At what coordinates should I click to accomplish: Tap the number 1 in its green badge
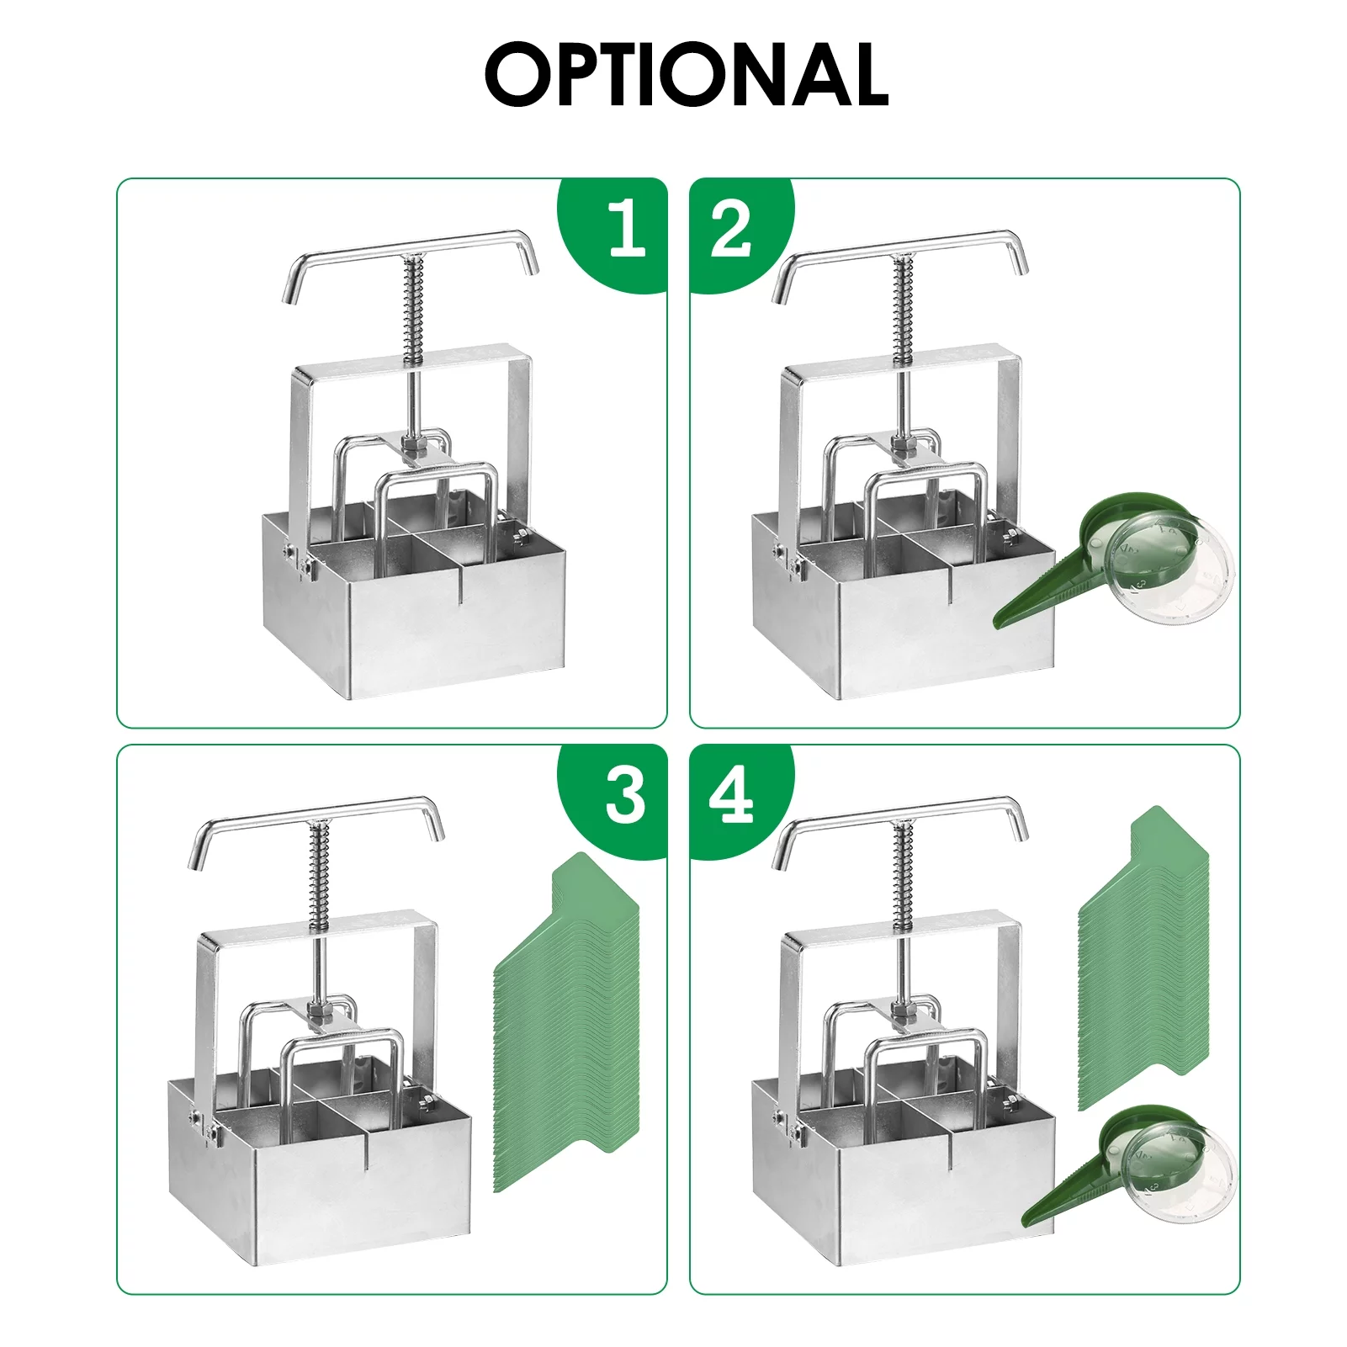coord(627,229)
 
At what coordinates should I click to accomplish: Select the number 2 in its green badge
coord(730,230)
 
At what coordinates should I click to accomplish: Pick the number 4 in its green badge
coord(731,796)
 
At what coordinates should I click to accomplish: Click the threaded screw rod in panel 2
coord(903,311)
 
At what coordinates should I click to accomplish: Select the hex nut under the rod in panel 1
coord(413,443)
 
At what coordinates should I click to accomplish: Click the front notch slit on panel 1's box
coord(460,585)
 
